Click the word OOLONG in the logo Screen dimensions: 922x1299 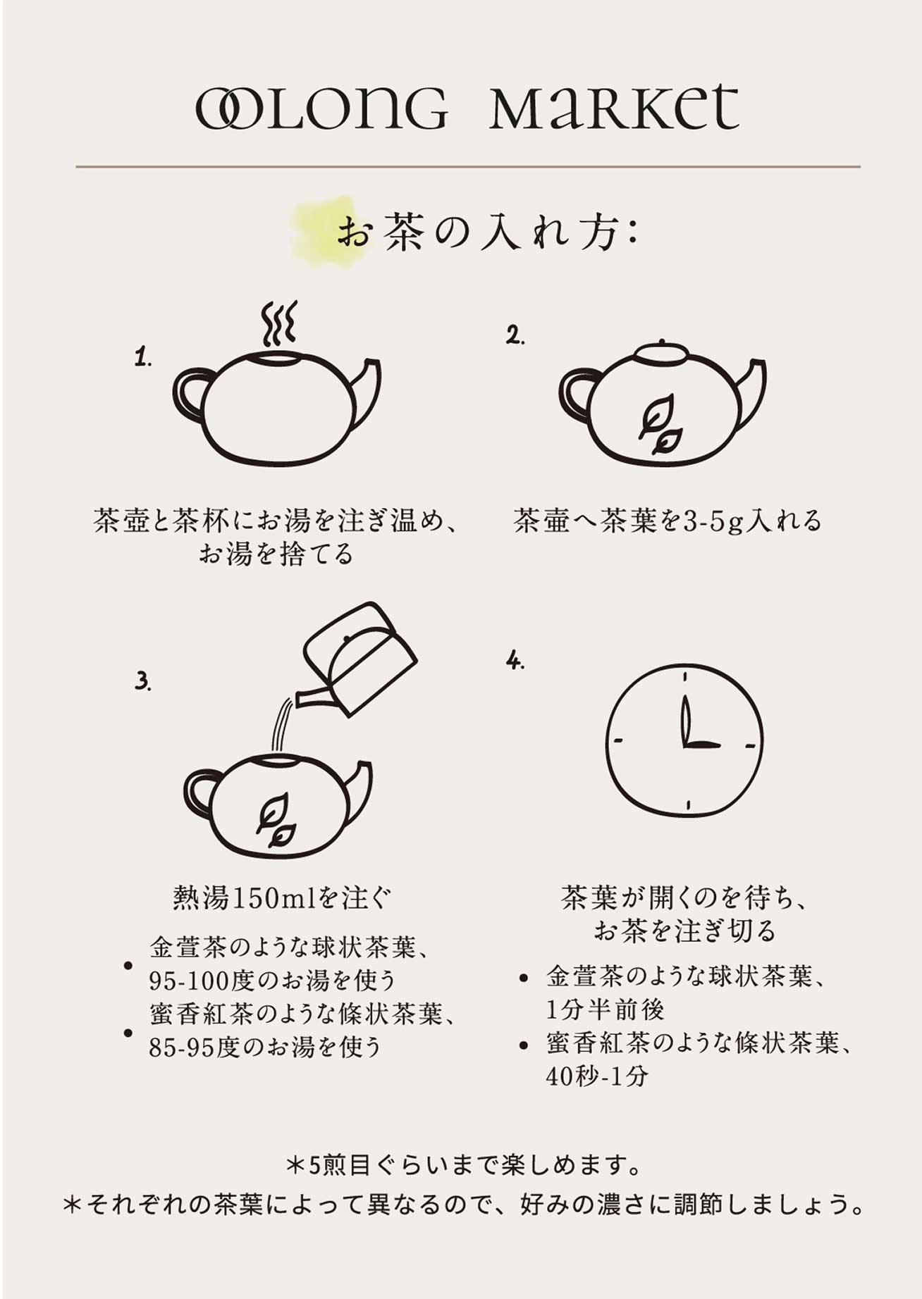[321, 108]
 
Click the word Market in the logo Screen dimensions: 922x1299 [614, 107]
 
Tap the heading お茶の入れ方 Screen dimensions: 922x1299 [487, 233]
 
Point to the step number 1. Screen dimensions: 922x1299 [143, 357]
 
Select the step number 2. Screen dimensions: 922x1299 [515, 336]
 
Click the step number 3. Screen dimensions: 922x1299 [143, 681]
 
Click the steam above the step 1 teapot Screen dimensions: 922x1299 [278, 323]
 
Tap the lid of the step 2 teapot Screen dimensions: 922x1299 [662, 353]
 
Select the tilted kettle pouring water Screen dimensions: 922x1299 [358, 659]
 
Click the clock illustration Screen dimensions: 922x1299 [684, 740]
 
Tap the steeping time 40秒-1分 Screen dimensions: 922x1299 [596, 1076]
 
